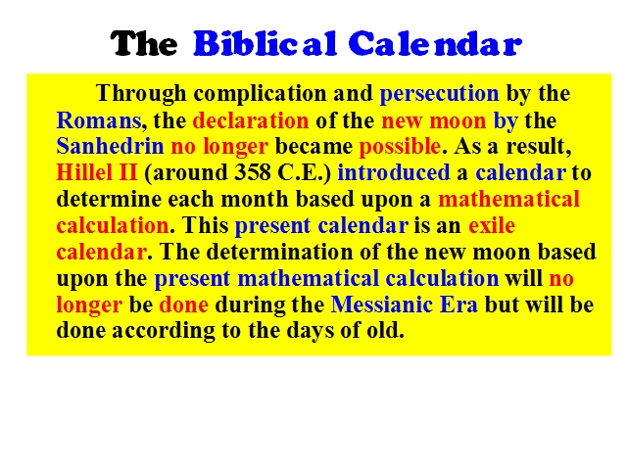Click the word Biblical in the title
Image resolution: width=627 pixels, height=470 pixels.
click(265, 43)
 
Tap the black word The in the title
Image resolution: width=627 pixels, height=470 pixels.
click(144, 43)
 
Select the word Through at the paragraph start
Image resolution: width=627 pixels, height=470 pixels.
click(141, 94)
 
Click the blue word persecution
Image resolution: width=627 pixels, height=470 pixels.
click(439, 94)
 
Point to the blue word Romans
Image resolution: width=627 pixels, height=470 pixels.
click(99, 120)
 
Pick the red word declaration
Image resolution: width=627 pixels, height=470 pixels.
click(251, 120)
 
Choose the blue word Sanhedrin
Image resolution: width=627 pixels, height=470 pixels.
click(110, 146)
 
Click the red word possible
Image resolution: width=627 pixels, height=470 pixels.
click(400, 147)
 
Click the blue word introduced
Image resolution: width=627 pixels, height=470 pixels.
click(394, 172)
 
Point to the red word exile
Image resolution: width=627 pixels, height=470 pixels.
click(492, 225)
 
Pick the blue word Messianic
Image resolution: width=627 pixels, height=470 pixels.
click(382, 305)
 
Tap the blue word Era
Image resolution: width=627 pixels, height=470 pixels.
click(458, 305)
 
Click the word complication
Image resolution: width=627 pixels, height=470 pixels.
click(260, 94)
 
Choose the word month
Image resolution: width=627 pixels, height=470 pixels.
click(255, 199)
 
